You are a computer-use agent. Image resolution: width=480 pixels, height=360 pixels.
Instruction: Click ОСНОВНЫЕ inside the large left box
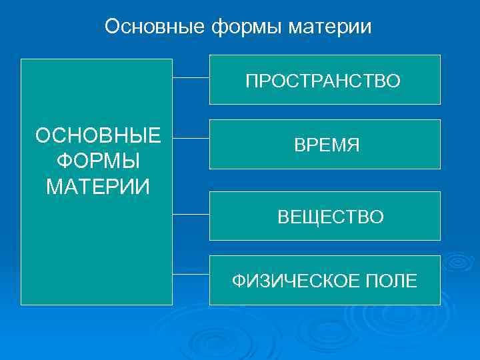tap(98, 136)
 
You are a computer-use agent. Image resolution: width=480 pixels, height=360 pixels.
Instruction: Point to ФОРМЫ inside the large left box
tap(98, 161)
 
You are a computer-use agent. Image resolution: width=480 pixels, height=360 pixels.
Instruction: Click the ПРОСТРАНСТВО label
tap(323, 81)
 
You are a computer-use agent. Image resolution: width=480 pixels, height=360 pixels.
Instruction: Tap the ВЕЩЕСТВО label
tap(331, 217)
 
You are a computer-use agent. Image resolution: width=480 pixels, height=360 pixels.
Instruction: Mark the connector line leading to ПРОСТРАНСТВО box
tap(191, 78)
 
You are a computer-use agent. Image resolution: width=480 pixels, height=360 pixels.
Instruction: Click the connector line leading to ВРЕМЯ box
tap(191, 139)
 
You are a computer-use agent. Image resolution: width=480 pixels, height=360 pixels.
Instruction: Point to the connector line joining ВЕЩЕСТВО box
tap(191, 215)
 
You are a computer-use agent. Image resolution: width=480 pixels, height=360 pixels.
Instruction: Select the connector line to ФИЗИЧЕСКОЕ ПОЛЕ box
tap(191, 274)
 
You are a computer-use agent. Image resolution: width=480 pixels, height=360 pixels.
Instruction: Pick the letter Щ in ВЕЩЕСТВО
tap(309, 217)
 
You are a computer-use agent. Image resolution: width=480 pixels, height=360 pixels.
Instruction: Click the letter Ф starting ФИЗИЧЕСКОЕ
tap(238, 281)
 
